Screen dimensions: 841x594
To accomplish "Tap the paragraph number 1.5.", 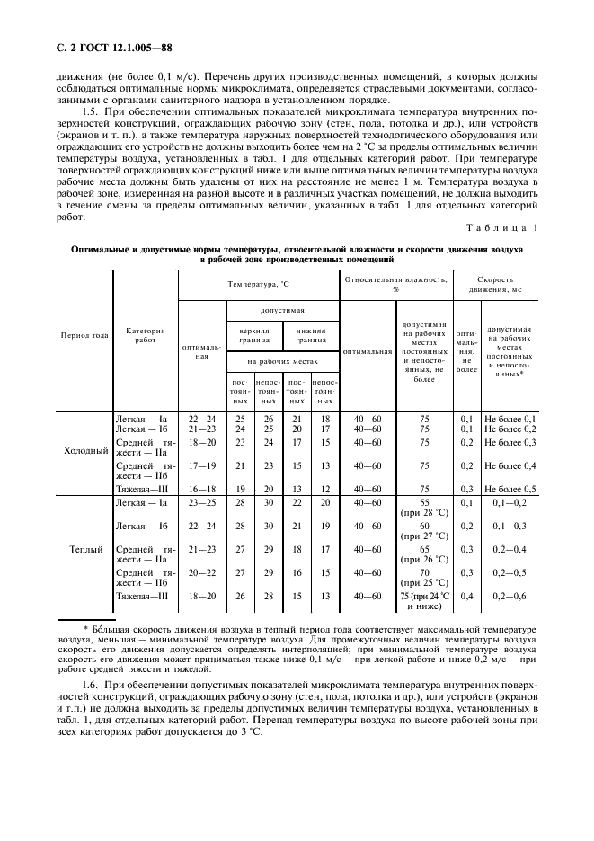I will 88,100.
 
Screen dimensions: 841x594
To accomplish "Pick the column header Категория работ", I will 146,335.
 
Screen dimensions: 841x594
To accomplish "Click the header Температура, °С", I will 259,283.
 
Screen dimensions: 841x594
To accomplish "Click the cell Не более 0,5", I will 510,488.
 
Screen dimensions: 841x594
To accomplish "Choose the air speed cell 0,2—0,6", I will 510,596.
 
